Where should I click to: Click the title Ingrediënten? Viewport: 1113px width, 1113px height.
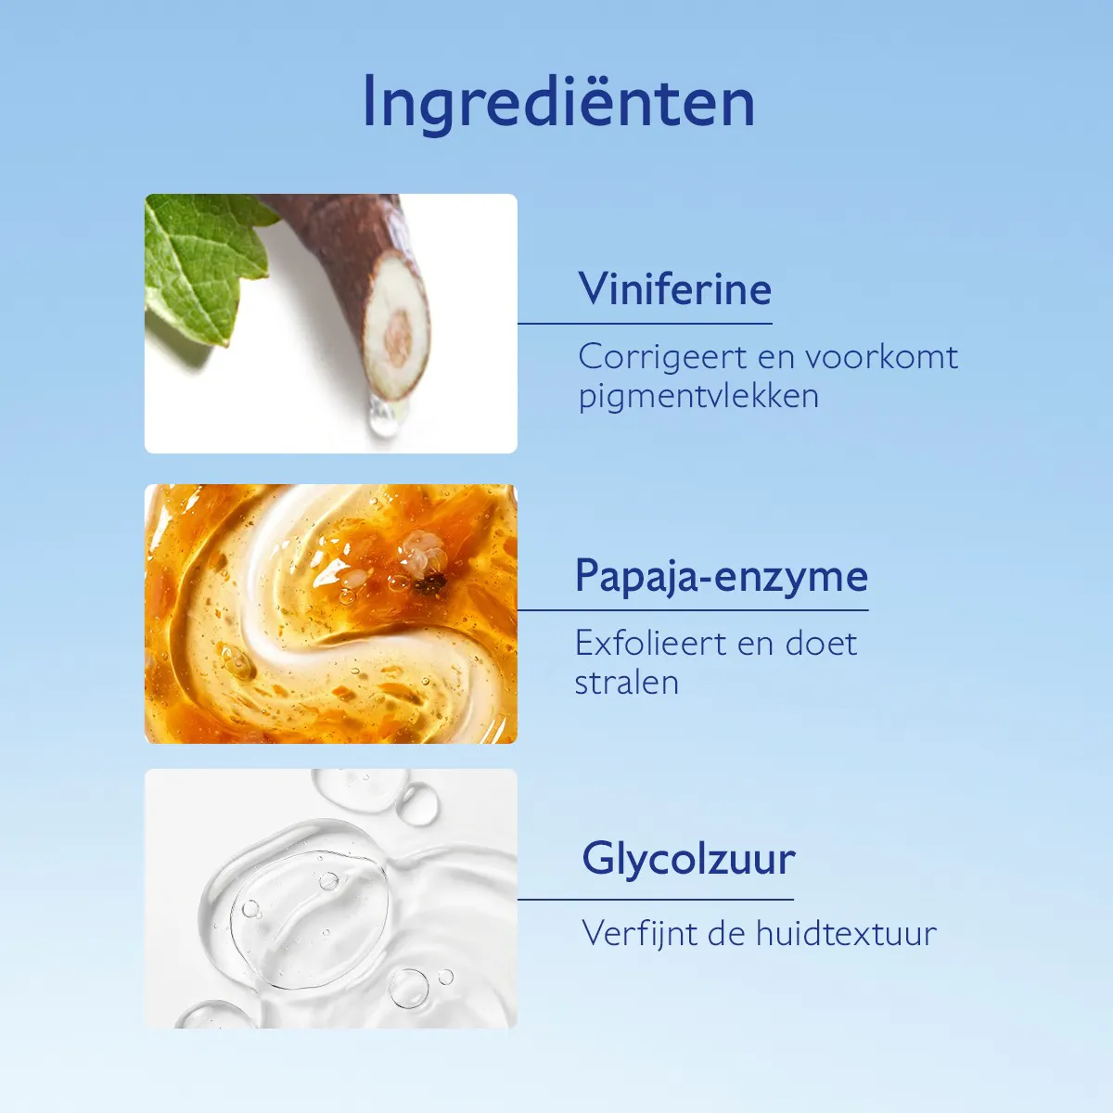(x=558, y=102)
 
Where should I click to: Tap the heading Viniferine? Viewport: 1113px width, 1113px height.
(x=674, y=288)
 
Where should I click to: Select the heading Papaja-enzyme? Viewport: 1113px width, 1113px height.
(x=721, y=576)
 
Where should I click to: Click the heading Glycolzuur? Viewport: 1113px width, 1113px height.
(x=688, y=859)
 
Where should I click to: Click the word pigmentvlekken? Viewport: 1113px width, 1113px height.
(x=698, y=396)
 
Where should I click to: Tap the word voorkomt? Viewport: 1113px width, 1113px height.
(x=880, y=357)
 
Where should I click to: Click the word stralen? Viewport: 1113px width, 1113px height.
(x=626, y=683)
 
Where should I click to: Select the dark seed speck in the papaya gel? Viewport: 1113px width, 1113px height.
(x=429, y=583)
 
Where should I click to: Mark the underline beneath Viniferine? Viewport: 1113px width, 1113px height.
(x=645, y=324)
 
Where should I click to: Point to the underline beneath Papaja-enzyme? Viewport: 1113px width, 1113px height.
(x=693, y=610)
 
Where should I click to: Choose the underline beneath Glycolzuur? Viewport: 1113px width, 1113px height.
(x=656, y=899)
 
